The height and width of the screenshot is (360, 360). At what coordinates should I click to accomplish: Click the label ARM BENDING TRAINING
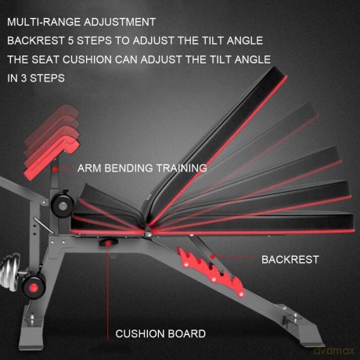pyautogui.click(x=142, y=168)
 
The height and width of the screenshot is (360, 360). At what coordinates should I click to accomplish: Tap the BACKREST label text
pyautogui.click(x=290, y=260)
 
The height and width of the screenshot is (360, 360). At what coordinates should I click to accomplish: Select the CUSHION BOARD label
pyautogui.click(x=160, y=333)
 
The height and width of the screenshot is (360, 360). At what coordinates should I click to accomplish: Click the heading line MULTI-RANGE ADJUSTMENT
pyautogui.click(x=81, y=22)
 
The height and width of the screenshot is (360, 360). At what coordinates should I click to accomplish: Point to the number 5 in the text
pyautogui.click(x=70, y=41)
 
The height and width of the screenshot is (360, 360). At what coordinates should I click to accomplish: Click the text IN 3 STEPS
pyautogui.click(x=36, y=78)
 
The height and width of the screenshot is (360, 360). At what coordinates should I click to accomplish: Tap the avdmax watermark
pyautogui.click(x=334, y=351)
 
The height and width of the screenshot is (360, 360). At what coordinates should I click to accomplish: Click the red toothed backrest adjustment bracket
pyautogui.click(x=212, y=272)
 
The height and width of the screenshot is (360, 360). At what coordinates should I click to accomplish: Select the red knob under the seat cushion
pyautogui.click(x=108, y=243)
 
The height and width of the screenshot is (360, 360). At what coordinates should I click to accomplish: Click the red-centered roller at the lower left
pyautogui.click(x=34, y=287)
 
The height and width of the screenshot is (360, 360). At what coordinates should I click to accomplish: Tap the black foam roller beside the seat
pyautogui.click(x=63, y=205)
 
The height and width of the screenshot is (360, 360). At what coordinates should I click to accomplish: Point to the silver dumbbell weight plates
pyautogui.click(x=10, y=272)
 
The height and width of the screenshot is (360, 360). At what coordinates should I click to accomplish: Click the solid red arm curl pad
pyautogui.click(x=52, y=160)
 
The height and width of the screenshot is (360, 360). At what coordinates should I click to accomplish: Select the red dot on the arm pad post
pyautogui.click(x=55, y=169)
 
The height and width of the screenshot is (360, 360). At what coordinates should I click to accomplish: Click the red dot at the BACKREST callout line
pyautogui.click(x=213, y=257)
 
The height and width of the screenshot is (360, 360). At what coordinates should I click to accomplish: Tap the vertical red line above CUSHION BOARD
pyautogui.click(x=107, y=293)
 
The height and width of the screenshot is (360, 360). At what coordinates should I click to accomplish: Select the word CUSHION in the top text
pyautogui.click(x=87, y=59)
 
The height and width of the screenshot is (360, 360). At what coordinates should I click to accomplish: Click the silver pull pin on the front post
pyautogui.click(x=44, y=225)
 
